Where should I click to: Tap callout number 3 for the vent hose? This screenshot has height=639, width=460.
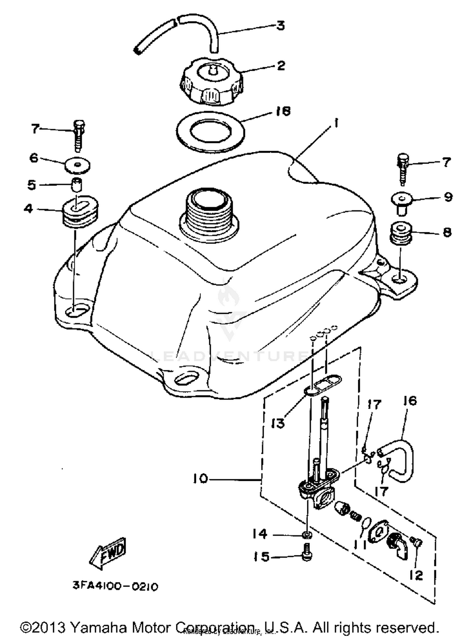(280, 26)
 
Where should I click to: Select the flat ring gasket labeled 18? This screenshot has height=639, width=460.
(210, 132)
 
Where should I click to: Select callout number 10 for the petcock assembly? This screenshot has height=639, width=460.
(201, 479)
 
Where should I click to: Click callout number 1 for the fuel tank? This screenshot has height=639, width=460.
(336, 124)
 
